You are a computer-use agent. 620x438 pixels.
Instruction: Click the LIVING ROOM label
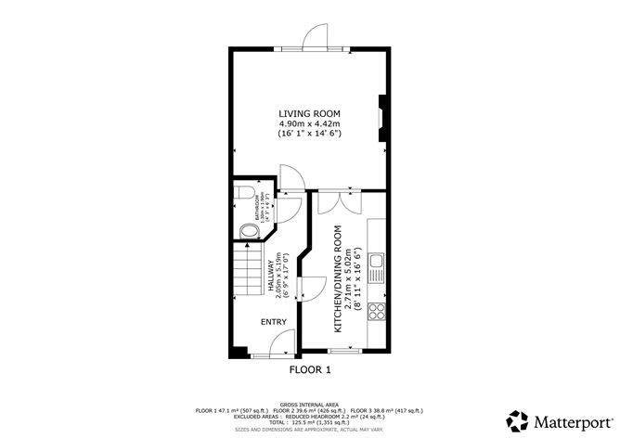309,113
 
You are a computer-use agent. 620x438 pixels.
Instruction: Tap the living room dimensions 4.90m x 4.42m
309,123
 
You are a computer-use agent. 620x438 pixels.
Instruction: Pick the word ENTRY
273,322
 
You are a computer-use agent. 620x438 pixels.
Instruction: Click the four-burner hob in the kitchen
378,309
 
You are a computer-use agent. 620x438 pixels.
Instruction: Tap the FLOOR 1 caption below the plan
310,369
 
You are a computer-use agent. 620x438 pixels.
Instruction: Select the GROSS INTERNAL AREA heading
309,405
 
